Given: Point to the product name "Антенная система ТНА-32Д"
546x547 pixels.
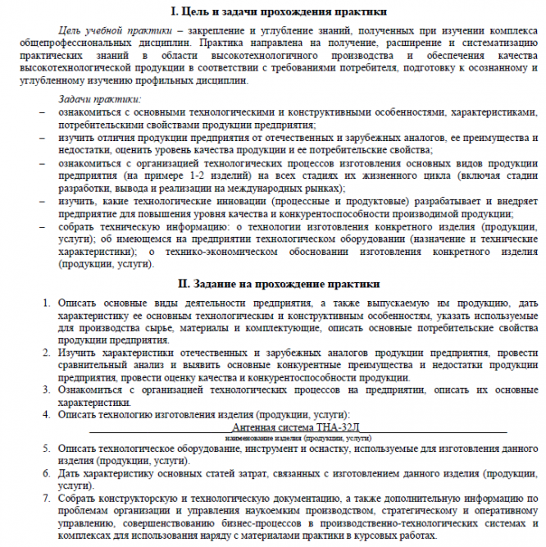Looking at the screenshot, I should [x=296, y=427].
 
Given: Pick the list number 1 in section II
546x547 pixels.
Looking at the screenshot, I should [x=47, y=303].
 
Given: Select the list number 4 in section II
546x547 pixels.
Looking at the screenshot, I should [x=47, y=415].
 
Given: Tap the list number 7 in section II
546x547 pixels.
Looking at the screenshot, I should [x=47, y=498].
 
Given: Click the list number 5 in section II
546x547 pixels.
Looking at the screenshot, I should [x=47, y=449].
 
